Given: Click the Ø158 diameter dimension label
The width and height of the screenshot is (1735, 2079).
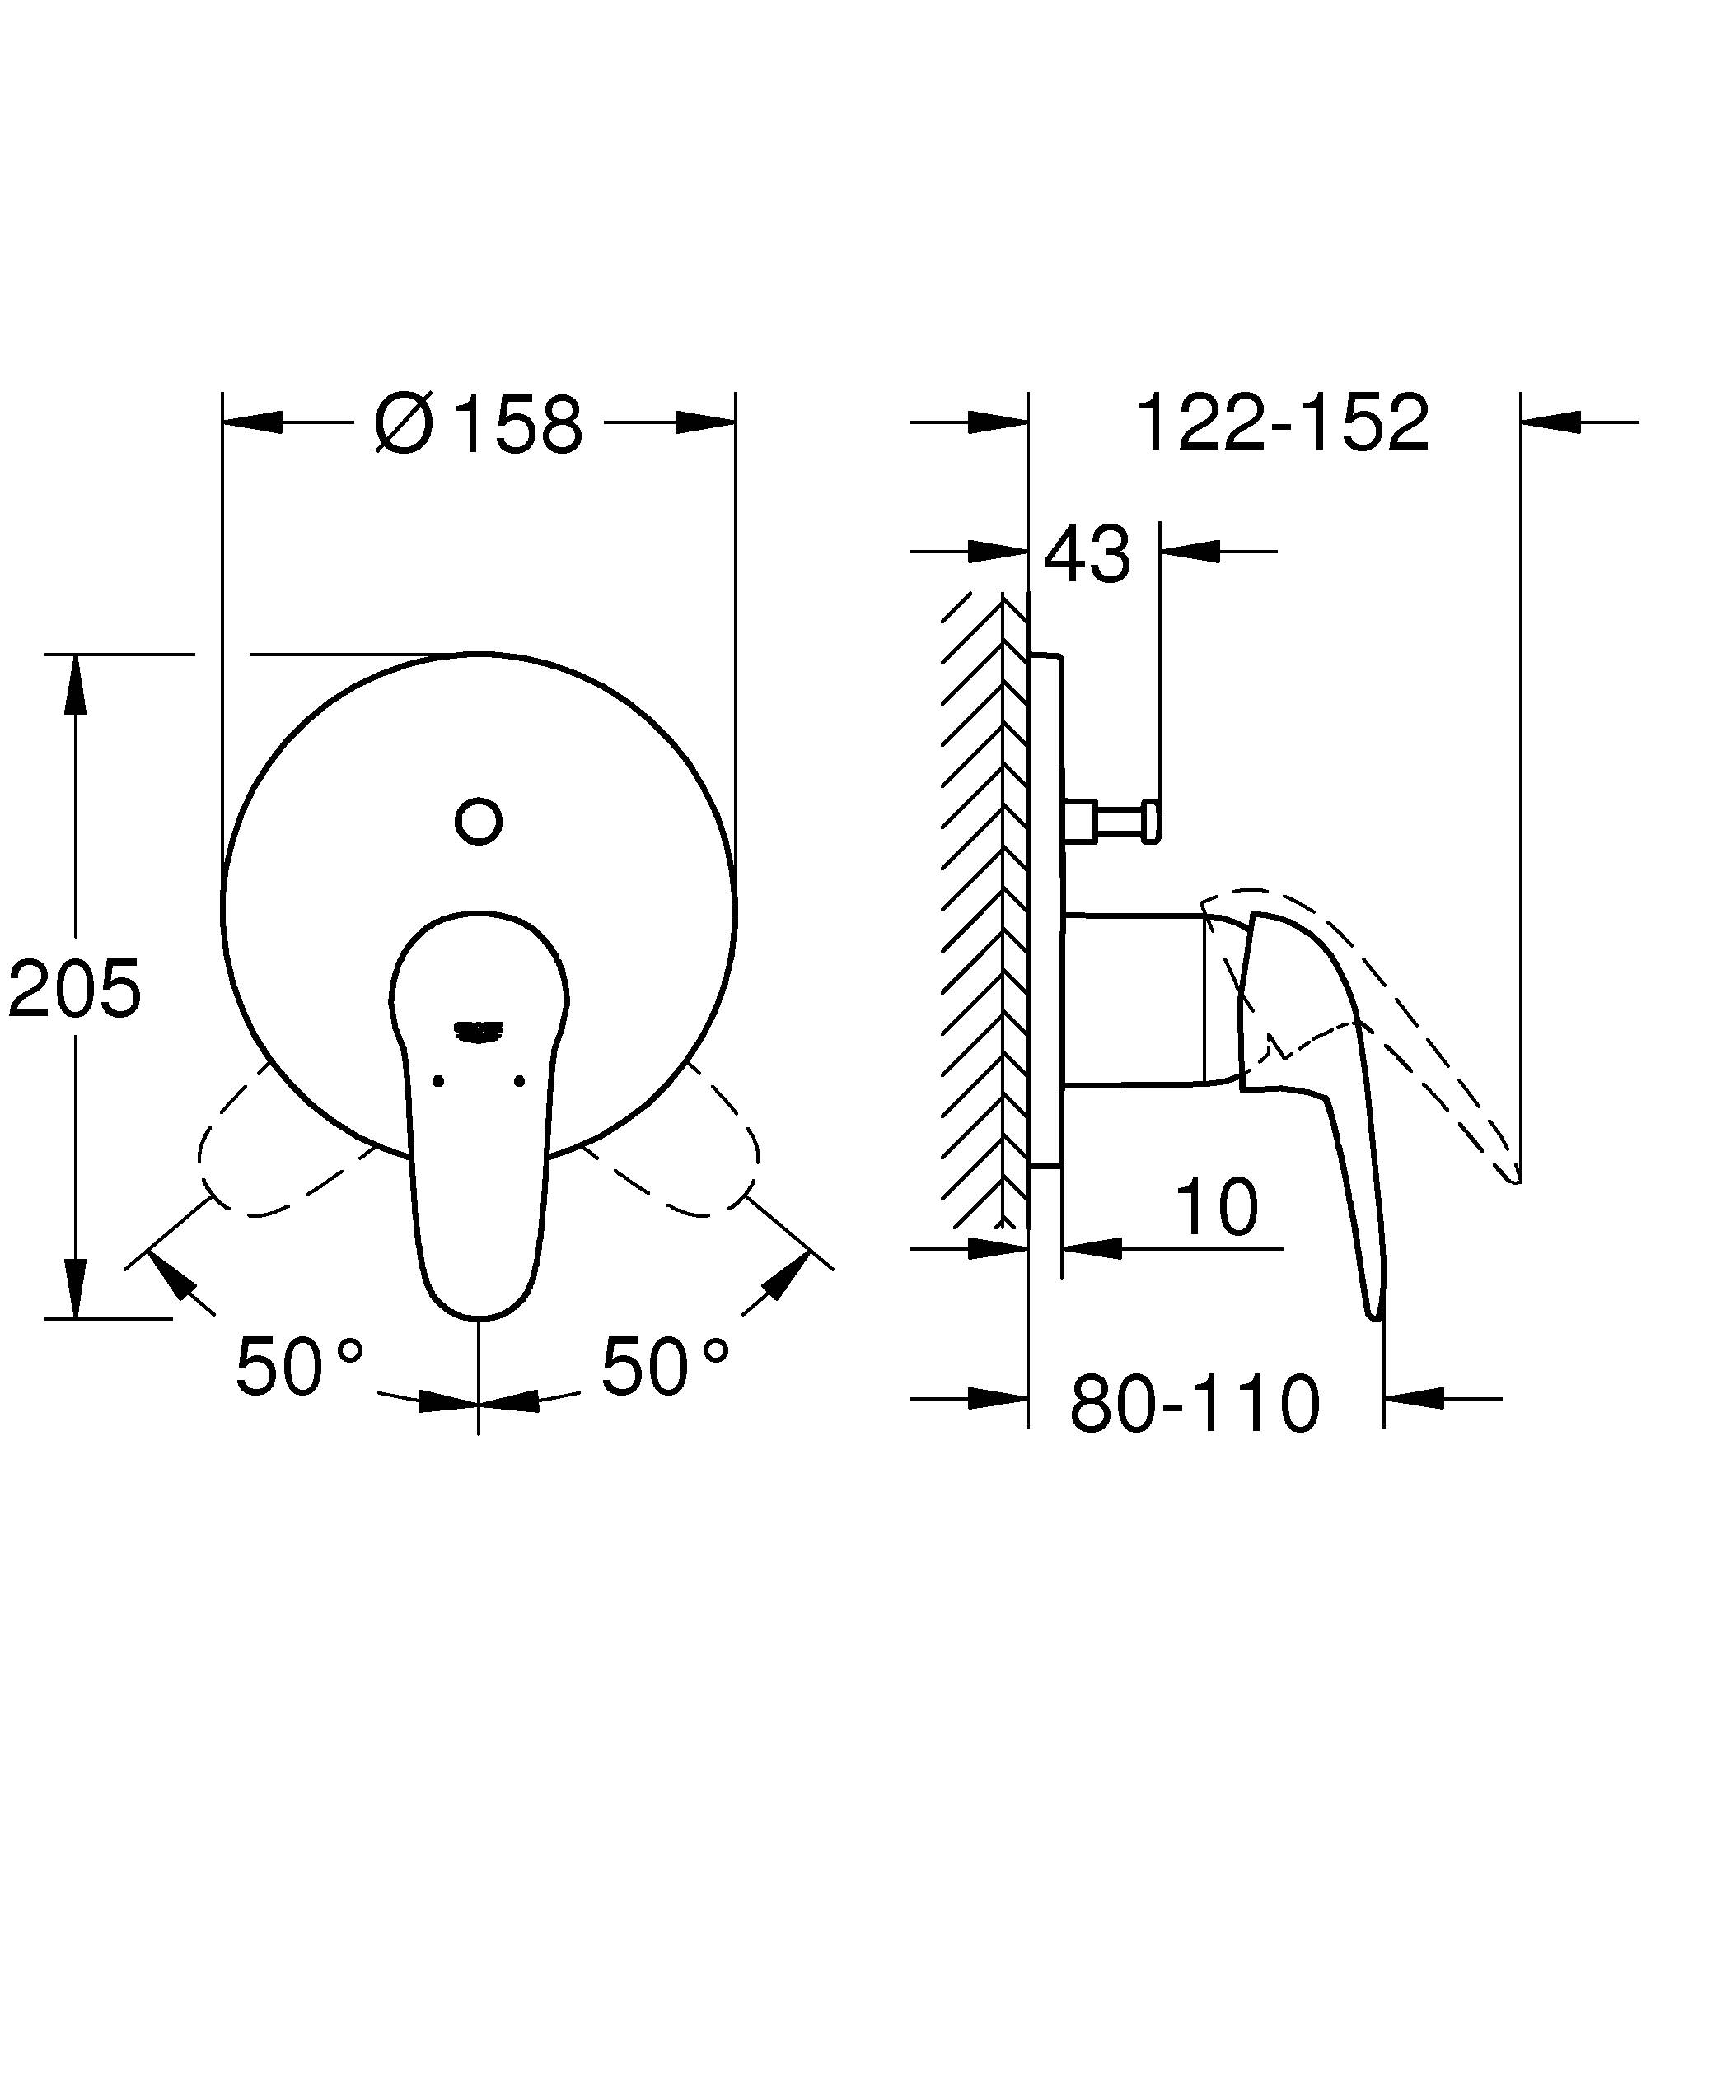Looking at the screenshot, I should point(479,424).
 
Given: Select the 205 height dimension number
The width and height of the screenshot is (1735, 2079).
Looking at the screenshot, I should point(74,988).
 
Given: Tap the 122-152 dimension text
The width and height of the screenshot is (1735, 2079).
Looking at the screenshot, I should point(1283,424).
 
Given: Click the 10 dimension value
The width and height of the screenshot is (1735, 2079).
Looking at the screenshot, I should point(1217,1208).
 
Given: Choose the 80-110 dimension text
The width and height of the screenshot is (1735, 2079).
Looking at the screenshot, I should point(1195,1404).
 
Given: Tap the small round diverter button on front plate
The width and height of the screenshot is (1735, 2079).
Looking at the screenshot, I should point(479,821).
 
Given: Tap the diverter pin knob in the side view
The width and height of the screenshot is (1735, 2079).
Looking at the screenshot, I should point(1151,822).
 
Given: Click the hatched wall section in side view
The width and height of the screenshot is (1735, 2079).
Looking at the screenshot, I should point(975,911).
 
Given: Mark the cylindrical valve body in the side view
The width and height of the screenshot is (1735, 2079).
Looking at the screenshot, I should point(1134,1000).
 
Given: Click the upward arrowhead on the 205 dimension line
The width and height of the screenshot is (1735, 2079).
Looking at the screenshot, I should point(75,683).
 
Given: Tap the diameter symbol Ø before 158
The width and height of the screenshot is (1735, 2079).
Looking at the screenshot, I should point(404,424).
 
